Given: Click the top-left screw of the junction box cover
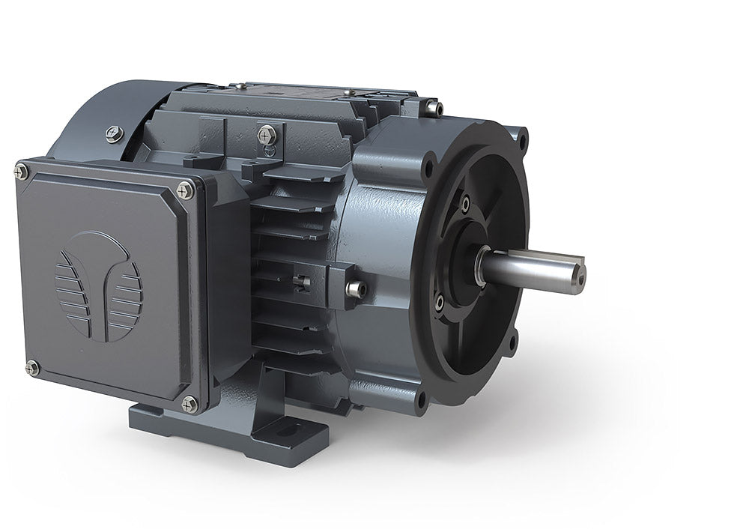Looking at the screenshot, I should click(21, 172).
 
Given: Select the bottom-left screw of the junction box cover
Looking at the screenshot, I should click(32, 367).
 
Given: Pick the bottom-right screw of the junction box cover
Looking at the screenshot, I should click(189, 404).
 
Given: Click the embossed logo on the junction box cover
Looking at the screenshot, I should click(98, 286).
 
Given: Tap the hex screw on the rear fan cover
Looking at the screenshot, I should click(114, 134).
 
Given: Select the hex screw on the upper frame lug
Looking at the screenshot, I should click(267, 135).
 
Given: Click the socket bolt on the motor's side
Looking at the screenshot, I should click(354, 288).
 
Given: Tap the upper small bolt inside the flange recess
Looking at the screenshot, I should click(465, 203).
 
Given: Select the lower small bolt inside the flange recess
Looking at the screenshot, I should click(440, 301).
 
